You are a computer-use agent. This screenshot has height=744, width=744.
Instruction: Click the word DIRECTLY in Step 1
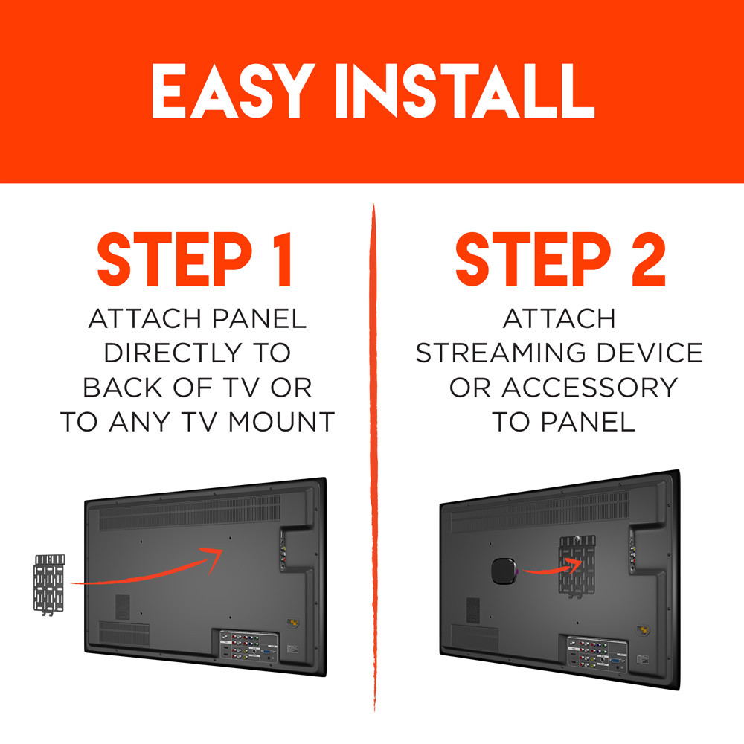pos(196,353)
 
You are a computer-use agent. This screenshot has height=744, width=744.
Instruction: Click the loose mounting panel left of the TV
pos(50,583)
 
